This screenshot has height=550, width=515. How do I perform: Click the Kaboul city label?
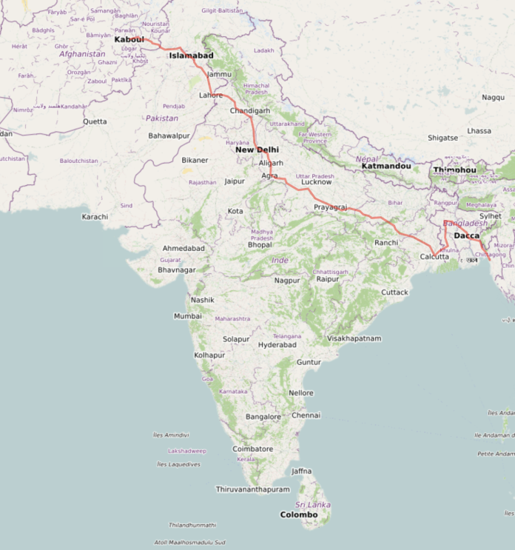(x=128, y=39)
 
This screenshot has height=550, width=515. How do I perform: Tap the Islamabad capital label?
(x=191, y=56)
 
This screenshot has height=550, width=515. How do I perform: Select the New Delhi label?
(x=257, y=150)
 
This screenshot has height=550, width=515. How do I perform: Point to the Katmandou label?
(x=386, y=166)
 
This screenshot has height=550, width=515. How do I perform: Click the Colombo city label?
(x=299, y=514)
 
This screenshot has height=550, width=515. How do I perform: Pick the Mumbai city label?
(x=187, y=316)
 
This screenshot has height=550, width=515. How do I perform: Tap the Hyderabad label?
(x=277, y=345)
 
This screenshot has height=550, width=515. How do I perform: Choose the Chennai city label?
(x=306, y=415)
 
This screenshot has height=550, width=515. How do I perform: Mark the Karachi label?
(x=95, y=217)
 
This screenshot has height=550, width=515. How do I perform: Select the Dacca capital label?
(x=466, y=235)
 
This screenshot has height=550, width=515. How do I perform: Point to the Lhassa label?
(x=479, y=131)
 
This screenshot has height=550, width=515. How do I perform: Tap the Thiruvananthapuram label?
(x=252, y=489)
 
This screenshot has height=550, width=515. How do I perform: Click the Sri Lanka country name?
(x=313, y=504)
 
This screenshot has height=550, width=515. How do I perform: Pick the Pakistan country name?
(x=162, y=118)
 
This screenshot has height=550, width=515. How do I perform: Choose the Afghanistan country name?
(x=82, y=54)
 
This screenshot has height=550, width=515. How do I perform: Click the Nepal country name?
(x=367, y=158)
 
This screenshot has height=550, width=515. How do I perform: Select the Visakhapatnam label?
(x=354, y=338)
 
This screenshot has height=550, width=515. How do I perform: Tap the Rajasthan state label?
(x=202, y=182)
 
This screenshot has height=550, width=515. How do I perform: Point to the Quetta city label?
(x=95, y=121)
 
